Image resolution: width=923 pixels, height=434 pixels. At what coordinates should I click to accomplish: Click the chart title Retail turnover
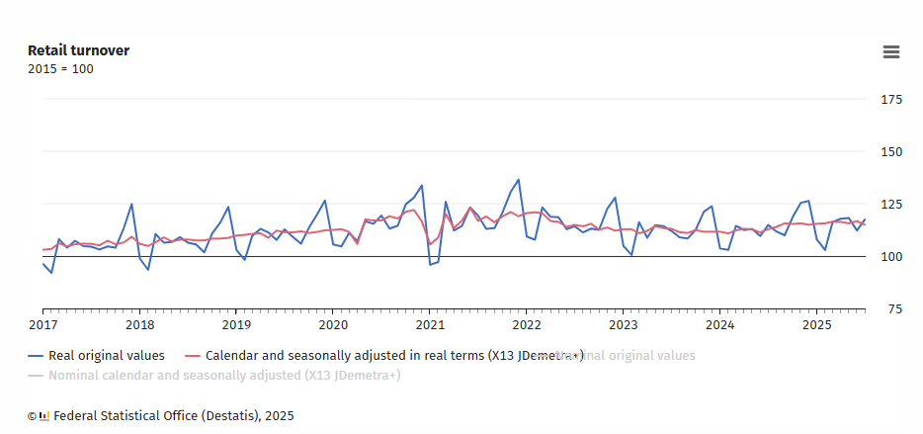(78, 50)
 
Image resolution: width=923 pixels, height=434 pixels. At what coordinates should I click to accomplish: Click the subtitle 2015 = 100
(60, 69)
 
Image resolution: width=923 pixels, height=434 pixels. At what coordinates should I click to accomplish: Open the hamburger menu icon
(891, 52)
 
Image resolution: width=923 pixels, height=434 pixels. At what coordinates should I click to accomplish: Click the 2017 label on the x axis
(42, 324)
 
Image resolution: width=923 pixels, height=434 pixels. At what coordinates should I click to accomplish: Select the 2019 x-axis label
(236, 324)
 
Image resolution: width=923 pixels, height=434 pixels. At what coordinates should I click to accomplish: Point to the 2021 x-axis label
(430, 324)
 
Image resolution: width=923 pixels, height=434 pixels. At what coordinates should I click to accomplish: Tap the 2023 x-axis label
(623, 324)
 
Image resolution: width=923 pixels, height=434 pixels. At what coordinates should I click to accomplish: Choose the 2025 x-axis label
(816, 324)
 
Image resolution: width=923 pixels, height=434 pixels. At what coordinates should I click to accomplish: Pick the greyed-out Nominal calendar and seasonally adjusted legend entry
(223, 376)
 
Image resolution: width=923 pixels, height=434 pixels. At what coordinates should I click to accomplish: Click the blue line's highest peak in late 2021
(519, 180)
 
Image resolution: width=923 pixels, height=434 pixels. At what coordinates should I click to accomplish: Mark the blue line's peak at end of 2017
(131, 205)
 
